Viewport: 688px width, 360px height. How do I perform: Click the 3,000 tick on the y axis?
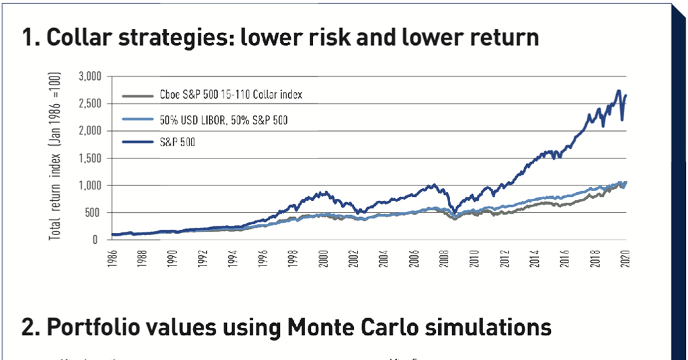pos(89,77)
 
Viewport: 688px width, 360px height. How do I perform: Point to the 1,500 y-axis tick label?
pos(89,158)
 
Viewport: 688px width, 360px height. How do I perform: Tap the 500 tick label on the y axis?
pos(93,212)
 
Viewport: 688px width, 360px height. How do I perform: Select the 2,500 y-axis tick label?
pos(89,103)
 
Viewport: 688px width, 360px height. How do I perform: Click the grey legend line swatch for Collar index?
pos(137,95)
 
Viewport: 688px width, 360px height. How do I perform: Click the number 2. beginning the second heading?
pos(30,327)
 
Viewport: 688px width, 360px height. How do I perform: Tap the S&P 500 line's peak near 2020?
pos(618,91)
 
